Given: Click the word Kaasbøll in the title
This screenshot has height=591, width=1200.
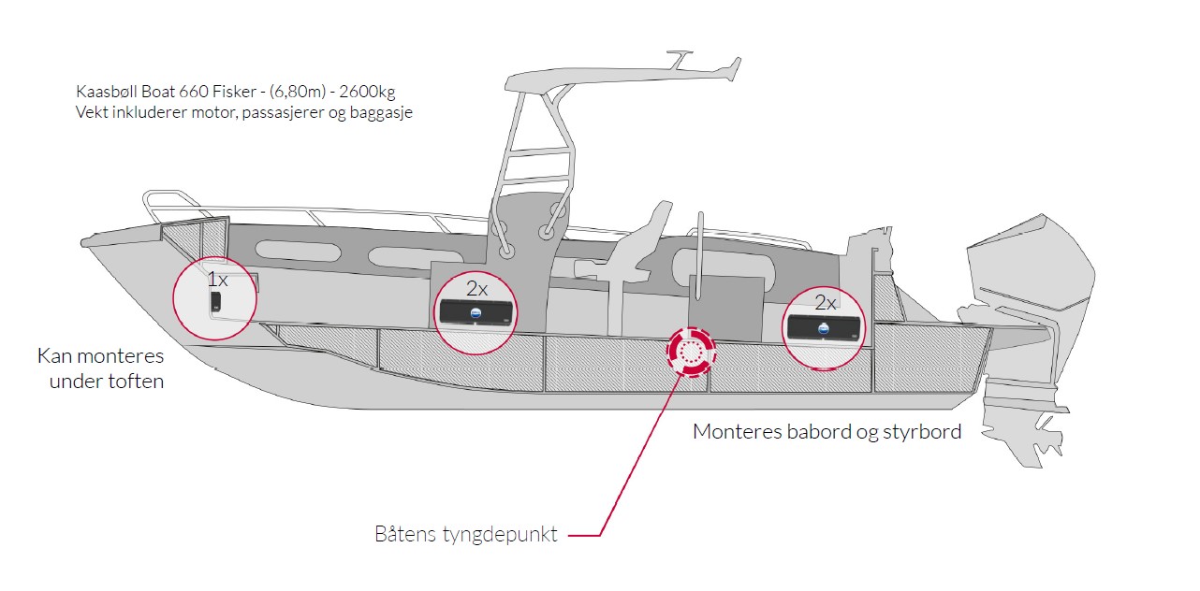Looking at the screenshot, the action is pyautogui.click(x=107, y=92).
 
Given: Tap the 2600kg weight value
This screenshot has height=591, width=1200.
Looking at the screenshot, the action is pyautogui.click(x=367, y=92).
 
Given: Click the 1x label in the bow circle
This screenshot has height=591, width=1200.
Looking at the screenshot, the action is pyautogui.click(x=217, y=280).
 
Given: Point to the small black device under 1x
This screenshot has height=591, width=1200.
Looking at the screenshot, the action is pyautogui.click(x=215, y=302).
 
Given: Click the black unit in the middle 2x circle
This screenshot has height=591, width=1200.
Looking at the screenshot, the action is pyautogui.click(x=476, y=312).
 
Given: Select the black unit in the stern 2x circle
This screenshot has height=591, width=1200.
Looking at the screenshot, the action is pyautogui.click(x=824, y=327).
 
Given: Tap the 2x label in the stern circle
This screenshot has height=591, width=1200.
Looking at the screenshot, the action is pyautogui.click(x=826, y=304).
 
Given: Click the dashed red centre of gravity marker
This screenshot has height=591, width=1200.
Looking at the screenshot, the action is pyautogui.click(x=691, y=352).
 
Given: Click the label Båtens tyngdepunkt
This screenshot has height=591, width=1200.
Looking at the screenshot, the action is pyautogui.click(x=466, y=534).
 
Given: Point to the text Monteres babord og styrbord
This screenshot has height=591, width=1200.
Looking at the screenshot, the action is pyautogui.click(x=827, y=431).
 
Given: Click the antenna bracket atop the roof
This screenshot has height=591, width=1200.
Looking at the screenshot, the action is pyautogui.click(x=679, y=59).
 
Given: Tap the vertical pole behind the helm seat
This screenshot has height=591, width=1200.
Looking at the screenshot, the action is pyautogui.click(x=698, y=256).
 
